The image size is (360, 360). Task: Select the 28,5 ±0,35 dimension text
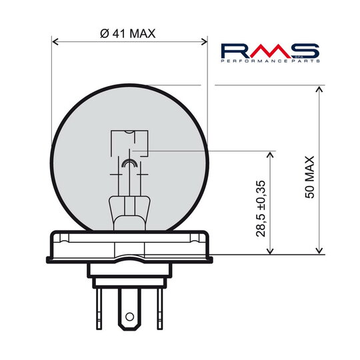click(x=261, y=209)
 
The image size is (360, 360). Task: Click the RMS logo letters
click(x=270, y=50)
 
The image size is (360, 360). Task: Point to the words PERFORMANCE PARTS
click(x=270, y=61)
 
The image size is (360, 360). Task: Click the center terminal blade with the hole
click(x=130, y=303)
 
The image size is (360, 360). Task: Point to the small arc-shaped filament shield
click(x=129, y=163)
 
